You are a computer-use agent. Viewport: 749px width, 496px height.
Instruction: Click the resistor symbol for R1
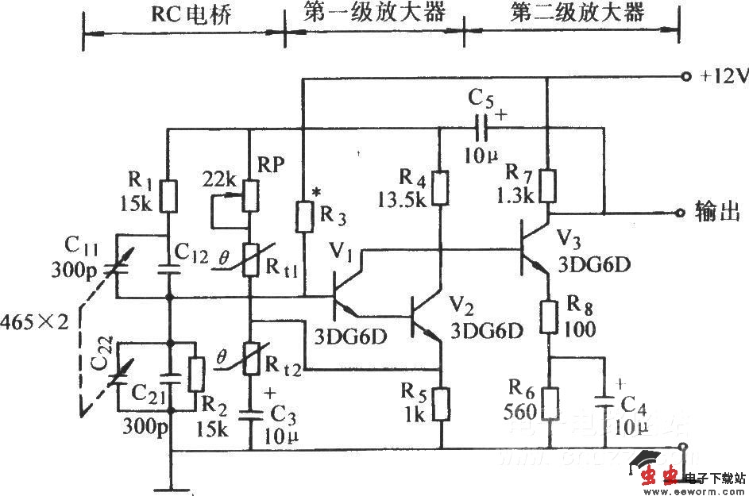(x=168, y=195)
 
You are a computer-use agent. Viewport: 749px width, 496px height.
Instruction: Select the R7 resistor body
(x=547, y=186)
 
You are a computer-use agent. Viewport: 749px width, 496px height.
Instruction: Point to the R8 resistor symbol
(x=548, y=317)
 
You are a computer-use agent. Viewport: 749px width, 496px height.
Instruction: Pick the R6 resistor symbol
(x=548, y=403)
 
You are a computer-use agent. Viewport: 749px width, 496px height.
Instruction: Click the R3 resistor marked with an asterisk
(x=304, y=215)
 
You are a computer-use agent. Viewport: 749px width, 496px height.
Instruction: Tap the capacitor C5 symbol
(x=481, y=126)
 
